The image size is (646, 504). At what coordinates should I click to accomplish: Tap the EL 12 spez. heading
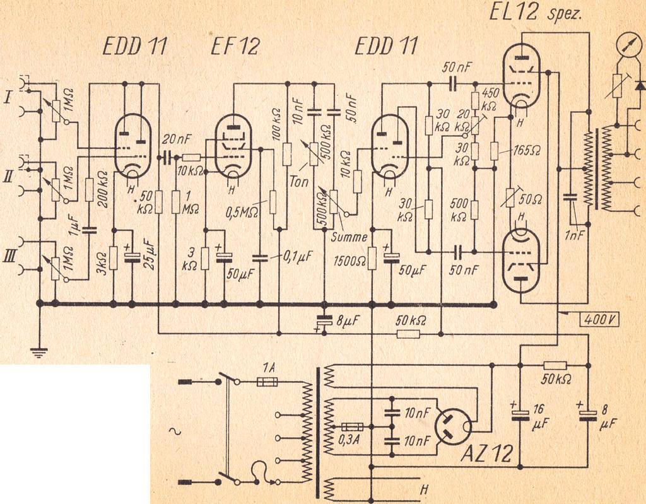535,13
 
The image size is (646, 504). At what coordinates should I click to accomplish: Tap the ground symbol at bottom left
40,353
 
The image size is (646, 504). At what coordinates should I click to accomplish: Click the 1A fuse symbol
267,382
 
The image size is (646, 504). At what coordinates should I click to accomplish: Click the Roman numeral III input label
8,255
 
